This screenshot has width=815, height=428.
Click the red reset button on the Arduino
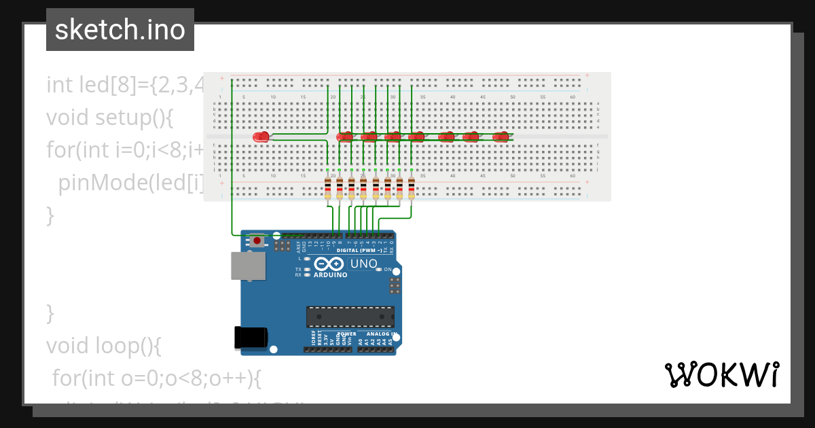tap(257, 240)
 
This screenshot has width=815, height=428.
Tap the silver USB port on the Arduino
tap(249, 266)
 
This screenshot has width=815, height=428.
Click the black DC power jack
tap(251, 338)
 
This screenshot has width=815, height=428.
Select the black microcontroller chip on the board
tap(350, 317)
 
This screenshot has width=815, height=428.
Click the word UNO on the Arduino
tap(363, 264)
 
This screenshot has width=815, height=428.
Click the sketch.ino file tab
tap(120, 30)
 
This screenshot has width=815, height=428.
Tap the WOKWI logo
tap(722, 374)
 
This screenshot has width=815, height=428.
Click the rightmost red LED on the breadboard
tap(501, 137)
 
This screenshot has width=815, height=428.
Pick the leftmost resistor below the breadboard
tap(328, 187)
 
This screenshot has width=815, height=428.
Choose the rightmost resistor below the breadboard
tap(412, 187)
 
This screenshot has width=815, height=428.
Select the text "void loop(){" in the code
tap(103, 346)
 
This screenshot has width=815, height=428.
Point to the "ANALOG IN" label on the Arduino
tap(380, 334)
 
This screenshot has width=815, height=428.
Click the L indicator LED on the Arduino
tap(307, 259)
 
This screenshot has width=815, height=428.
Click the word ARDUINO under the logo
tap(330, 275)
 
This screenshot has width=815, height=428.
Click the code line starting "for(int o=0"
tap(157, 378)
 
